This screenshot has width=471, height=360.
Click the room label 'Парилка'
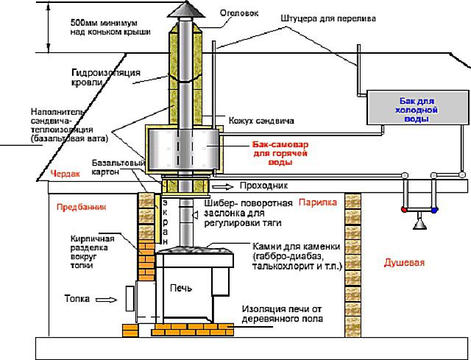pyautogui.click(x=318, y=201)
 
